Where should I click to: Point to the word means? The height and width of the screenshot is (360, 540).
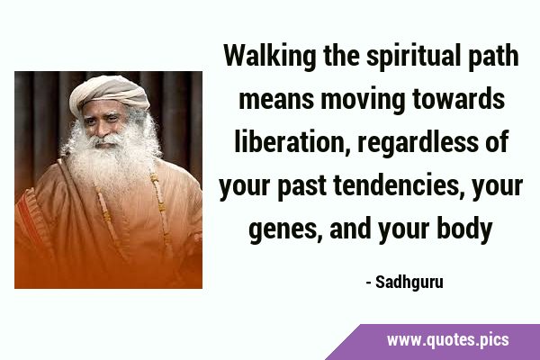276,99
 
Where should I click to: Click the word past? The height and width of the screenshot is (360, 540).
302,186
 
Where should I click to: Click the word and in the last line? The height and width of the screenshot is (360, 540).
350,229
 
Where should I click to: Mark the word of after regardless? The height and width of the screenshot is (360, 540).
497,141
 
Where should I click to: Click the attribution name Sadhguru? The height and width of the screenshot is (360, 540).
409,283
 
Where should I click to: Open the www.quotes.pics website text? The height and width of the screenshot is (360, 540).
447,340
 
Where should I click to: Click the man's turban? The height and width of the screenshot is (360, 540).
110,93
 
